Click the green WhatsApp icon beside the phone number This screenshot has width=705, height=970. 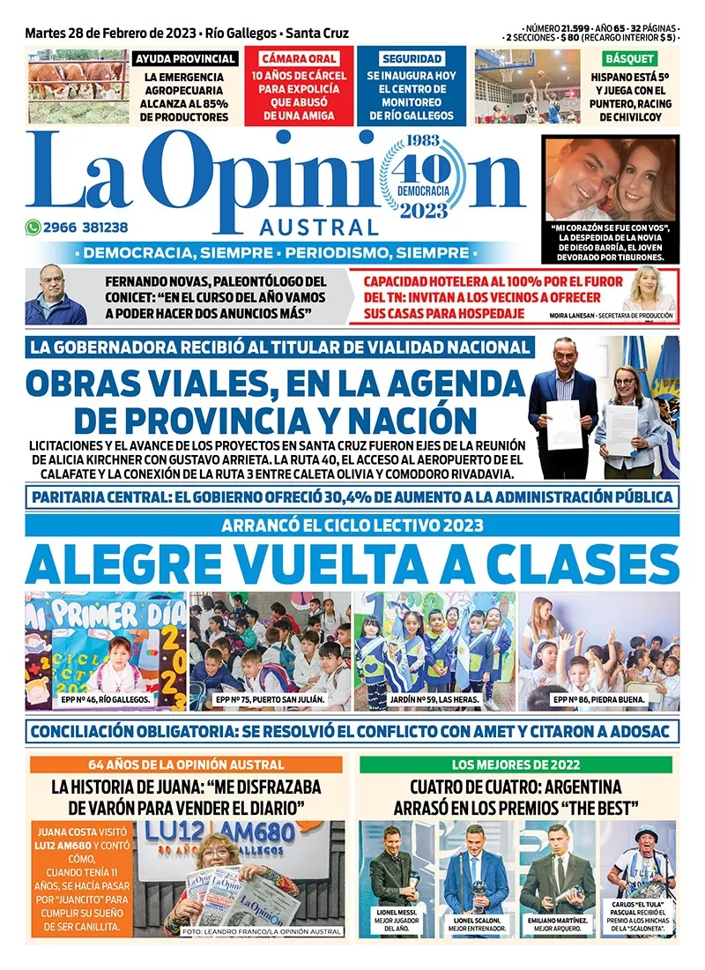(32, 227)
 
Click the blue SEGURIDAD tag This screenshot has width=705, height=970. (412, 59)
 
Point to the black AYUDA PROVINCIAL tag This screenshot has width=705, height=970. (184, 59)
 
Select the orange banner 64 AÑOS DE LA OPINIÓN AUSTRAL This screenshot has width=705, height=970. (186, 765)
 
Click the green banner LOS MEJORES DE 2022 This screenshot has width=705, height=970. (516, 765)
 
